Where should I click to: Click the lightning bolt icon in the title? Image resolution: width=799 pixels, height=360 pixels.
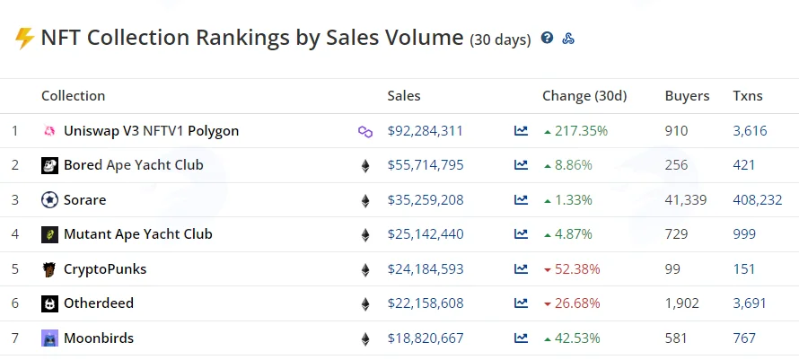(24, 39)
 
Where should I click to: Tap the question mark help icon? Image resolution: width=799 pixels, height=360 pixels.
(548, 38)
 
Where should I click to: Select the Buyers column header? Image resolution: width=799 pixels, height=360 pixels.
(687, 96)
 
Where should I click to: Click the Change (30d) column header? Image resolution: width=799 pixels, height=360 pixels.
(584, 96)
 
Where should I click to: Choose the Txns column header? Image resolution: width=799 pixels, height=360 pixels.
(748, 96)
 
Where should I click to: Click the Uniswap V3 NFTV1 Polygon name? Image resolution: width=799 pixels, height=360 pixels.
(151, 131)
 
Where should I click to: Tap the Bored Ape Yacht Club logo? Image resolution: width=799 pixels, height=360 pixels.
(49, 165)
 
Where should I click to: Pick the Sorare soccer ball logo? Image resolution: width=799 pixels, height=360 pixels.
(49, 200)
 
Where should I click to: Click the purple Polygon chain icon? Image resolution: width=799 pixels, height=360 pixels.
(365, 132)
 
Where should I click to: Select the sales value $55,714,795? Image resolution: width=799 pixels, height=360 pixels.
(426, 165)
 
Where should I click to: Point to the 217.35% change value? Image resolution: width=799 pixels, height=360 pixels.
(582, 131)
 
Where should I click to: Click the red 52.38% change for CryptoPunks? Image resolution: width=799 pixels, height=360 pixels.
(577, 269)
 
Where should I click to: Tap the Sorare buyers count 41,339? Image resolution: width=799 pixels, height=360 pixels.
(686, 200)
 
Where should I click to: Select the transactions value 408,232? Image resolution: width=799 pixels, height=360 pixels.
(758, 200)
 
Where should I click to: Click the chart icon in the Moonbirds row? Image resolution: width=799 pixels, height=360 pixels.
(521, 338)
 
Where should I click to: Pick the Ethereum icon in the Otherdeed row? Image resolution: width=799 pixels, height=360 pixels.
(365, 304)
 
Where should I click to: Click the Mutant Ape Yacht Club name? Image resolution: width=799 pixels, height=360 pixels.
(138, 234)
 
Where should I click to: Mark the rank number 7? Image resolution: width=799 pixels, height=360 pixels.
(14, 338)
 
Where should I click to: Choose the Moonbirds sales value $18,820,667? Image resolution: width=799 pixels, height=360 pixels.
(426, 338)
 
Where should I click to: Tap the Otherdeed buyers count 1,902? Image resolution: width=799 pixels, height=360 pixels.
(681, 303)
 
